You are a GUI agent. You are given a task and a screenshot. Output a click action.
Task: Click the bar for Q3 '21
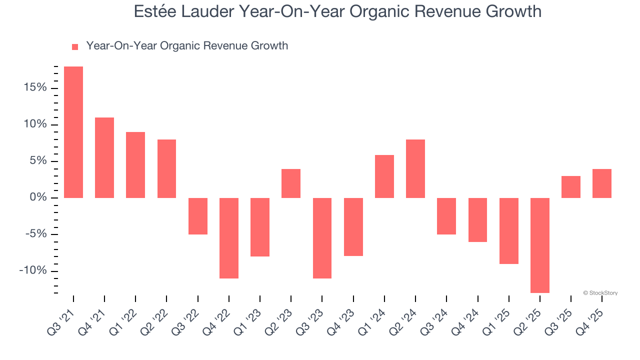click(73, 132)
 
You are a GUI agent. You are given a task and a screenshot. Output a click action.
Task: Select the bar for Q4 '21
click(104, 157)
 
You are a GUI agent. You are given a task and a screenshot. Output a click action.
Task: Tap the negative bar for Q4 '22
click(229, 238)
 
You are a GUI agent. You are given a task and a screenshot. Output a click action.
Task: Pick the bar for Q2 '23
click(291, 183)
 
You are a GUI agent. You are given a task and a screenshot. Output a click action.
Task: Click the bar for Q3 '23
click(322, 238)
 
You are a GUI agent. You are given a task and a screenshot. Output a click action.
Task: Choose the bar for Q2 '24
click(415, 168)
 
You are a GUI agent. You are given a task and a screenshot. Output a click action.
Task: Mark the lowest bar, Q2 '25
click(540, 245)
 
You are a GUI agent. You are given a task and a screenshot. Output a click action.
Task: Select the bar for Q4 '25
click(602, 183)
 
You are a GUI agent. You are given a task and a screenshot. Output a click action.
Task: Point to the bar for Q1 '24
click(384, 176)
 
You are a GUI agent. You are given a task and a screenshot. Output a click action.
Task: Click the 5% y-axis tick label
click(36, 161)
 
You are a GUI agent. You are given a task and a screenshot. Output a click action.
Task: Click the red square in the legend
click(75, 47)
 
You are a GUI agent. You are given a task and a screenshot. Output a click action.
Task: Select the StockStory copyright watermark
click(600, 293)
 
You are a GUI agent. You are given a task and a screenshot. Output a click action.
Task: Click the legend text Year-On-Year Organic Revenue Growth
click(187, 46)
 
